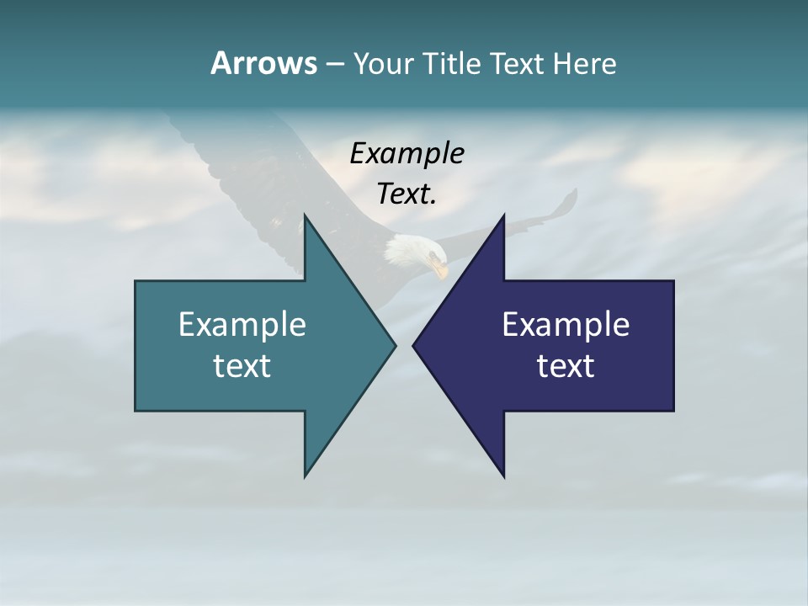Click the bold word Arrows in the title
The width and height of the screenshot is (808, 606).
[x=263, y=63]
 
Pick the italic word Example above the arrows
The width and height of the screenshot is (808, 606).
[x=407, y=154]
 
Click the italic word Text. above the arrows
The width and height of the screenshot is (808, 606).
[x=407, y=194]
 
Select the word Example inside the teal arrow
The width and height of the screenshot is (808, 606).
[x=242, y=324]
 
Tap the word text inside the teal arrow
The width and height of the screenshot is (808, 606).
[x=242, y=365]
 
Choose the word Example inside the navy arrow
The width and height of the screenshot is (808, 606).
[x=566, y=324]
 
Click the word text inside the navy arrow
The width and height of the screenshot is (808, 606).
[x=566, y=365]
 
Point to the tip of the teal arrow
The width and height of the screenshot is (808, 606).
[x=395, y=345]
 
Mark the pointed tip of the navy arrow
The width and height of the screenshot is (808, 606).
[x=413, y=345]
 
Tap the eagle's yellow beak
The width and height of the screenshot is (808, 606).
[x=439, y=269]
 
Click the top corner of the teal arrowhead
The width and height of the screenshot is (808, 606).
[x=305, y=215]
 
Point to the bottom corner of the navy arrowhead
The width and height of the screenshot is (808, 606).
[x=504, y=476]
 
